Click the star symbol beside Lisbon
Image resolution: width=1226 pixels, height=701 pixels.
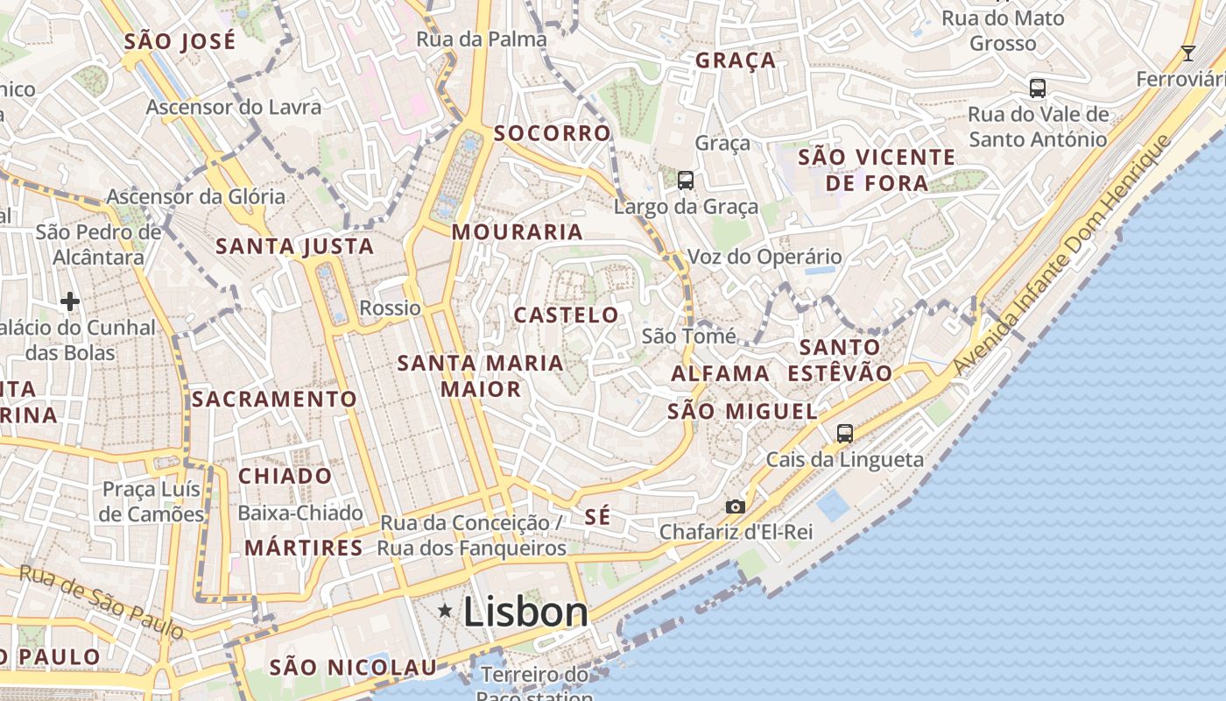tap(445, 610)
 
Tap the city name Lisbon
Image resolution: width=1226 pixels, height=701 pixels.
tap(525, 611)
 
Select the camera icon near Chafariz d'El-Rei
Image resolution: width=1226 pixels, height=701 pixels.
tap(735, 506)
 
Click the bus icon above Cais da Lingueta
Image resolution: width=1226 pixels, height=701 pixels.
tap(844, 433)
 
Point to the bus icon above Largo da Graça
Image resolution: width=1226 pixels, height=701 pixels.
tap(686, 181)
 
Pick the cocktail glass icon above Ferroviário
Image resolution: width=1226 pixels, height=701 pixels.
tap(1187, 53)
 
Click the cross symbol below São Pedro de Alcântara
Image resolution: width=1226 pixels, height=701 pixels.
tap(70, 302)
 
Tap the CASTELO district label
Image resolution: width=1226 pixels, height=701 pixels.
tap(566, 315)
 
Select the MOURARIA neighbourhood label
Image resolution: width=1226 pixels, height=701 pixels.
tap(518, 232)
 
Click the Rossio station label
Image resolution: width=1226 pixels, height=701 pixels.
tap(391, 308)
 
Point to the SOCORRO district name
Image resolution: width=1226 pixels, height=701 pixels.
tap(552, 133)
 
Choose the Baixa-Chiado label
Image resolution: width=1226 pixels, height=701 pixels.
tap(300, 513)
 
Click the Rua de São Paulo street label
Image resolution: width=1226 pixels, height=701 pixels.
tap(102, 600)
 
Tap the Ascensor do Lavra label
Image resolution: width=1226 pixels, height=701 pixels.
tap(234, 107)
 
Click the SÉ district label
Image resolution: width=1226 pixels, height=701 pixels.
tap(597, 517)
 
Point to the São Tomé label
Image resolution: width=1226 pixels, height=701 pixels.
tap(676, 336)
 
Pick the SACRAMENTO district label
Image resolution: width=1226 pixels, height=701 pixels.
tap(274, 400)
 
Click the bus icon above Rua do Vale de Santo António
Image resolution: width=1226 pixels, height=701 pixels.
tap(1038, 89)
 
